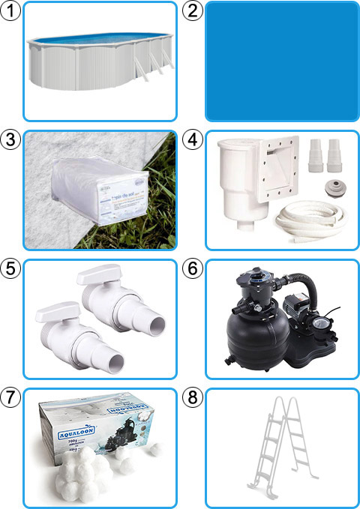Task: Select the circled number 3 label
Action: pos(11,139)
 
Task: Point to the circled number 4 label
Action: pos(193,139)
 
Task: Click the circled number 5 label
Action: pos(11,268)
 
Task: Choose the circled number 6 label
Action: pos(193,268)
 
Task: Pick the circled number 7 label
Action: pos(11,397)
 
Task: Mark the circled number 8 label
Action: pos(193,397)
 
